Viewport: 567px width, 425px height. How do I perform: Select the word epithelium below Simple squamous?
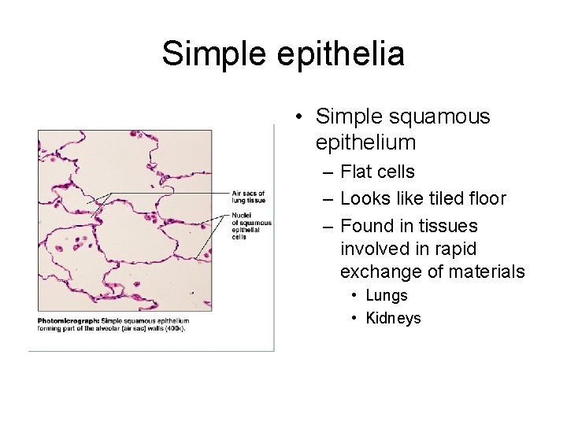(x=365, y=142)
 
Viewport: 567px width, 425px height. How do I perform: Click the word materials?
(x=487, y=272)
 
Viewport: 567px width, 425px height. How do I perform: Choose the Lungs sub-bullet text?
(x=387, y=295)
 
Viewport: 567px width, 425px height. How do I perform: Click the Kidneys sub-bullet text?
(x=393, y=318)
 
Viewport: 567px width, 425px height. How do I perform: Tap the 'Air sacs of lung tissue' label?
(x=248, y=197)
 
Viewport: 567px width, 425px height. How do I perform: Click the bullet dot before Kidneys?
(x=355, y=318)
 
